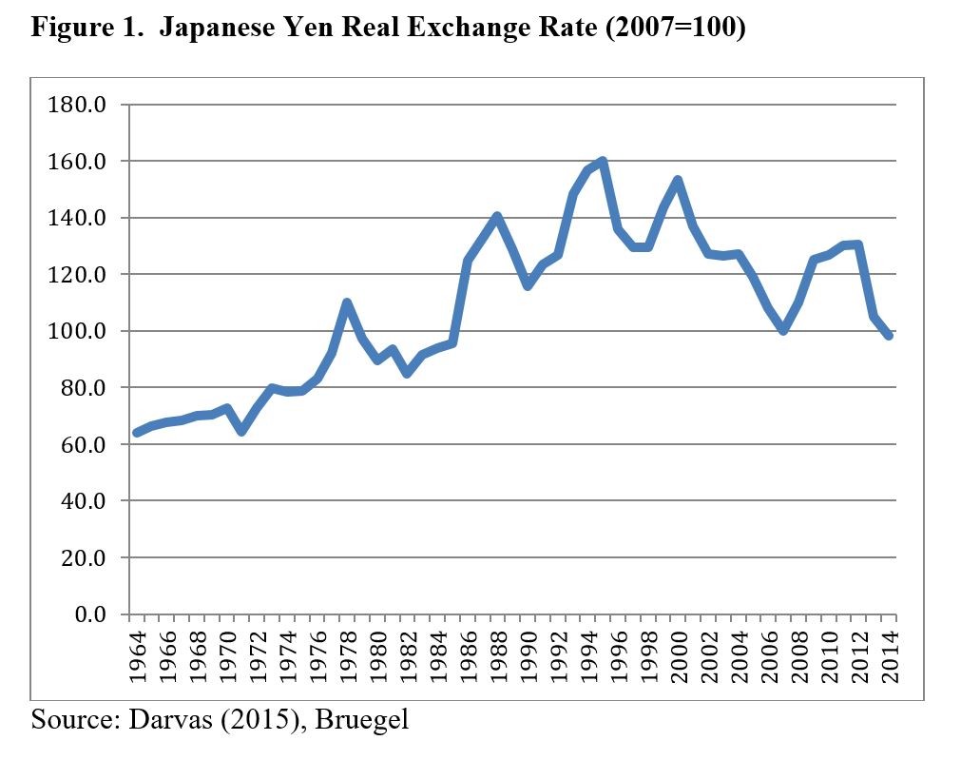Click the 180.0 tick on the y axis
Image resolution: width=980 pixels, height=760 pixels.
coord(75,105)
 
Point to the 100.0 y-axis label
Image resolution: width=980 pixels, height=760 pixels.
coord(75,331)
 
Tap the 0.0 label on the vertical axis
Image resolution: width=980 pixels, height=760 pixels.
coord(88,614)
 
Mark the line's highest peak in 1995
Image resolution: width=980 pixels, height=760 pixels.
coord(603,162)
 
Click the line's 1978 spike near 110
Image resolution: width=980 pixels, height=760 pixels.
coord(347,303)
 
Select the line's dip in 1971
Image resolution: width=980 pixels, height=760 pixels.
coord(241,431)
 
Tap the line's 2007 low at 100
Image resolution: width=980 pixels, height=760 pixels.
coord(784,330)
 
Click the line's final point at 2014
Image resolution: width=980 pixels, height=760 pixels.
coord(890,336)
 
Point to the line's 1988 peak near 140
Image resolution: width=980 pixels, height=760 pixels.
coord(497,217)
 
